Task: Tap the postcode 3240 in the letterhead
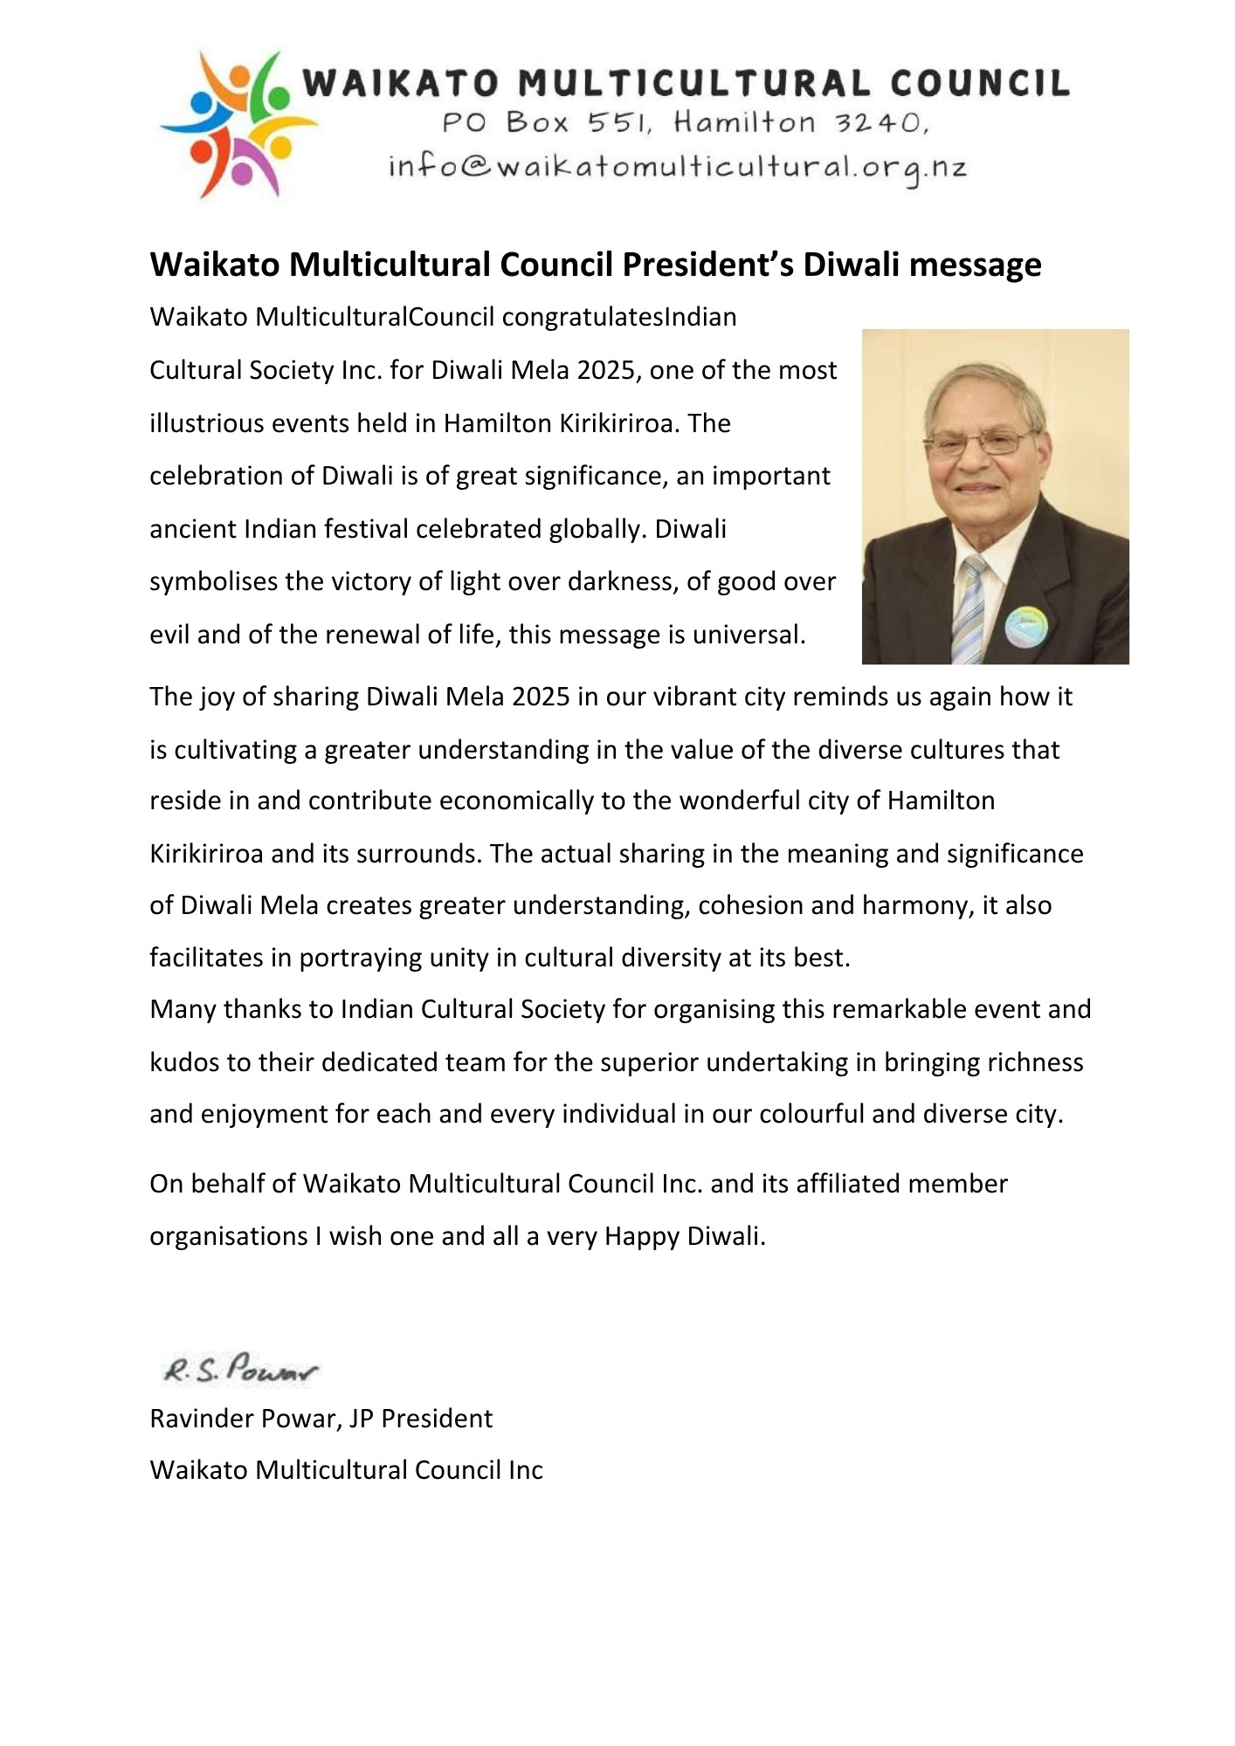pos(877,122)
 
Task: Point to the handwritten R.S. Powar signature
pos(240,1370)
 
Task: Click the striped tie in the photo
pos(969,608)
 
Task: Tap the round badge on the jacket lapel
pos(1025,626)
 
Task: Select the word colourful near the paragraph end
pos(811,1114)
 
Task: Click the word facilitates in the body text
pos(206,958)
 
